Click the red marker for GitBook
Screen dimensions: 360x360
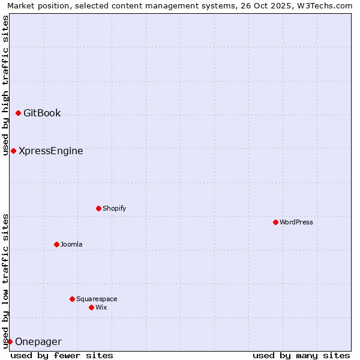(x=18, y=113)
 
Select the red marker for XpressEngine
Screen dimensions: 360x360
(x=13, y=151)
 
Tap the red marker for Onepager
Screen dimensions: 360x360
(x=10, y=341)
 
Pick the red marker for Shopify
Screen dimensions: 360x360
(x=98, y=208)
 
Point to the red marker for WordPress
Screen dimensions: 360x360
(x=275, y=222)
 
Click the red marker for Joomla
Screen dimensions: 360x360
(x=56, y=244)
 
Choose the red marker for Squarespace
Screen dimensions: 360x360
(x=72, y=299)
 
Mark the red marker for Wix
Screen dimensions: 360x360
(x=91, y=307)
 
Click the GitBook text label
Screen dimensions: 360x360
(x=42, y=113)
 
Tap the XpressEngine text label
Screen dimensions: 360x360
(x=51, y=151)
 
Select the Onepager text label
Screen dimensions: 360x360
(x=38, y=341)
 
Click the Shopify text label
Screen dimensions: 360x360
(x=114, y=208)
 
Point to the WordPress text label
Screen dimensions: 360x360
(x=296, y=222)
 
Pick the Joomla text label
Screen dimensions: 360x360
(x=71, y=244)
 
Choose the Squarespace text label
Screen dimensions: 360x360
(x=97, y=299)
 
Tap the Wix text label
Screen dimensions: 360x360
(x=101, y=307)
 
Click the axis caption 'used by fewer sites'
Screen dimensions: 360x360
(x=62, y=355)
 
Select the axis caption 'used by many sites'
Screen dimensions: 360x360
(x=301, y=355)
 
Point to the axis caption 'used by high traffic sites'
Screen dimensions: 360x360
(x=6, y=85)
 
